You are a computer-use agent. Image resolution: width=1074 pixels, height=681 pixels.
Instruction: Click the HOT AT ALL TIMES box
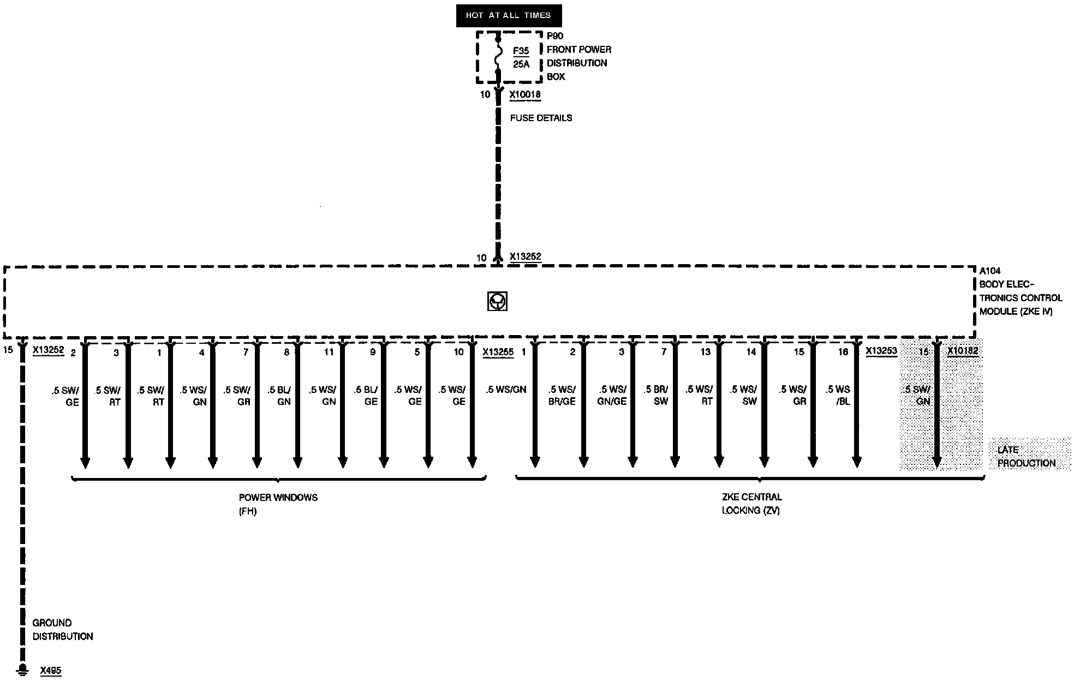click(509, 15)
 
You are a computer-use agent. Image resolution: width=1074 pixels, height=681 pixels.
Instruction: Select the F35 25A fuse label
click(521, 57)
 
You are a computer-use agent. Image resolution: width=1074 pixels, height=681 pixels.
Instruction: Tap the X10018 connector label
click(525, 94)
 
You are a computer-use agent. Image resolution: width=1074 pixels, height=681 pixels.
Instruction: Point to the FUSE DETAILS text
click(541, 118)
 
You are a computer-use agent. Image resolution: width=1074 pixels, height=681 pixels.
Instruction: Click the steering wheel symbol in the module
click(497, 301)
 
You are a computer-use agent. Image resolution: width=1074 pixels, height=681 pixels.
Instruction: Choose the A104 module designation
click(990, 271)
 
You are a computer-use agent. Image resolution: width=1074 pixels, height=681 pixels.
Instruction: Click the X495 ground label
click(51, 670)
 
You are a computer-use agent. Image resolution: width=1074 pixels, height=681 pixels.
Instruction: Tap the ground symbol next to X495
click(22, 668)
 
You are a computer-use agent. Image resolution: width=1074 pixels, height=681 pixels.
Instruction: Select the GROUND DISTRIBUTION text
click(62, 629)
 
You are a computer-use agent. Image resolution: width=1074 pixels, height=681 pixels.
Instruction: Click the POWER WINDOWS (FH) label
click(278, 504)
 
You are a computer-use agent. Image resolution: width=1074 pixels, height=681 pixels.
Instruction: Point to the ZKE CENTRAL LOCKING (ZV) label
click(751, 503)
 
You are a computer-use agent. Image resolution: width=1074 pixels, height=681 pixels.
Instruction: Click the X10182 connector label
click(963, 351)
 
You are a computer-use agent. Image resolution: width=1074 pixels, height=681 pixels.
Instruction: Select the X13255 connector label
click(498, 352)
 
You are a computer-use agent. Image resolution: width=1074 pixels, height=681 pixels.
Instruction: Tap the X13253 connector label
click(881, 351)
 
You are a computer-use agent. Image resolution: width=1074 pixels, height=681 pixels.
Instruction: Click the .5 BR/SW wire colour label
click(656, 395)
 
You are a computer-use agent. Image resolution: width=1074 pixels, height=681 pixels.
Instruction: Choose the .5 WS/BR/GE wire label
click(562, 395)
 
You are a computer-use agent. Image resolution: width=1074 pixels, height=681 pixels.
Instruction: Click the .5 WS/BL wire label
click(838, 395)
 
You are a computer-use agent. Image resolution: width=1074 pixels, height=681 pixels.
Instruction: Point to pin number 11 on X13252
click(329, 352)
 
